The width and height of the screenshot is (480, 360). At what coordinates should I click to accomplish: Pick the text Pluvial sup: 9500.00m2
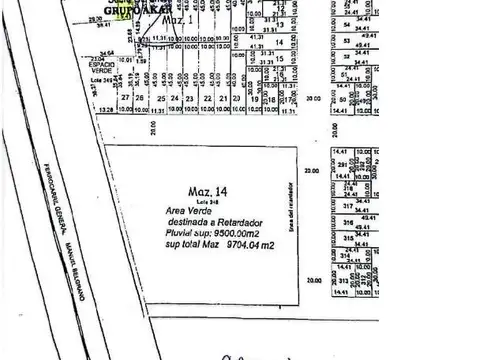[x=214, y=232]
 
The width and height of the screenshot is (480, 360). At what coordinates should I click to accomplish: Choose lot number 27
[x=126, y=98]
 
